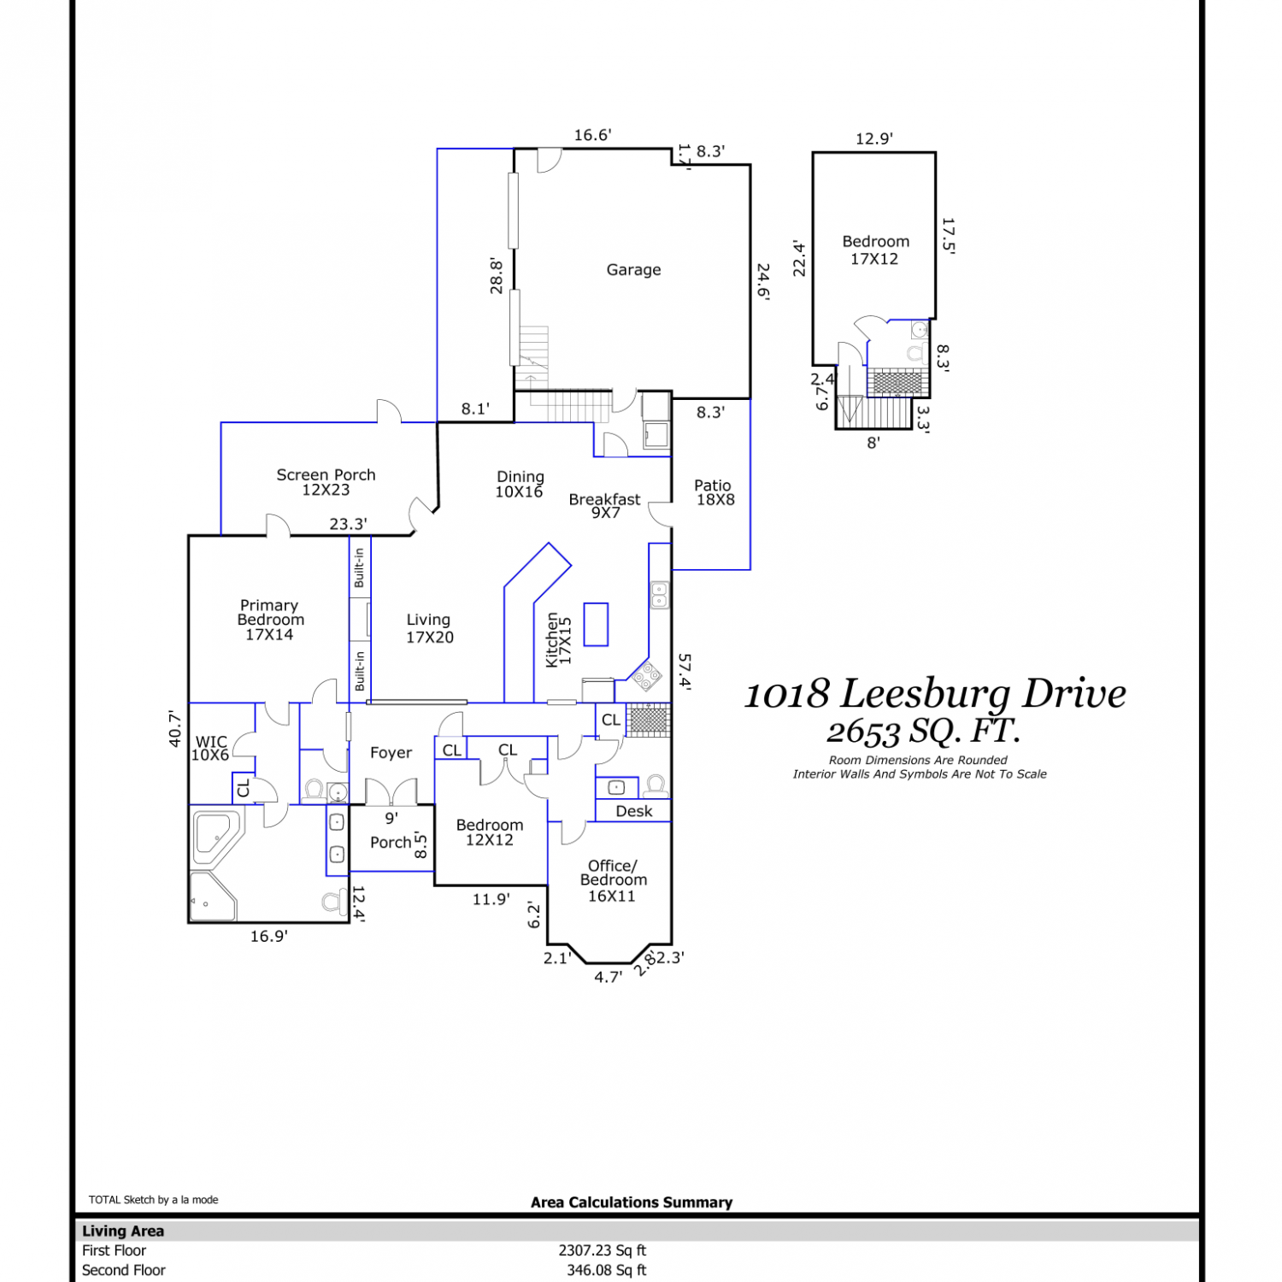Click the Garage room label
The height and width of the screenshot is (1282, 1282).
tap(633, 270)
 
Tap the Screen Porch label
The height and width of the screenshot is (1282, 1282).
tap(326, 482)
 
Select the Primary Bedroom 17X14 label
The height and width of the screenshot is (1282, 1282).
tap(270, 620)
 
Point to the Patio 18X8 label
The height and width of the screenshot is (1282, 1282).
tap(714, 492)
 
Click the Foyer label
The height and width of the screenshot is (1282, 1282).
tap(391, 753)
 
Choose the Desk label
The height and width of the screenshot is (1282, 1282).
tap(633, 811)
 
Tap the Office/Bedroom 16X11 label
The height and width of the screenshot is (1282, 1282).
tap(613, 880)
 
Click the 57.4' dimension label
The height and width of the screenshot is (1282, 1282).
tap(685, 671)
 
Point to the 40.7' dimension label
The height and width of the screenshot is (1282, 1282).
tap(175, 729)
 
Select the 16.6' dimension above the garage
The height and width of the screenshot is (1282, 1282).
tap(592, 135)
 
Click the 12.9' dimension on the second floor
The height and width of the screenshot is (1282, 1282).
tap(873, 138)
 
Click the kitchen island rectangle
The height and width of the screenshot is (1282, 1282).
tap(596, 624)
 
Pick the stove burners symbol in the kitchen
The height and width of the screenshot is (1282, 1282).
tap(648, 676)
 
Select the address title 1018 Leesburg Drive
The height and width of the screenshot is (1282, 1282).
tap(935, 694)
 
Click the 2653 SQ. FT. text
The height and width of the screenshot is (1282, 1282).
tap(923, 732)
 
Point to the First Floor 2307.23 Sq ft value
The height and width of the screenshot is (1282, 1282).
tap(603, 1250)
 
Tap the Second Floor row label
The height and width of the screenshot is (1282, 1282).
tap(124, 1270)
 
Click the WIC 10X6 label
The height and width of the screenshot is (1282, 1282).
tap(210, 749)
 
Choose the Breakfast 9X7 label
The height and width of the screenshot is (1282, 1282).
tap(605, 505)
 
